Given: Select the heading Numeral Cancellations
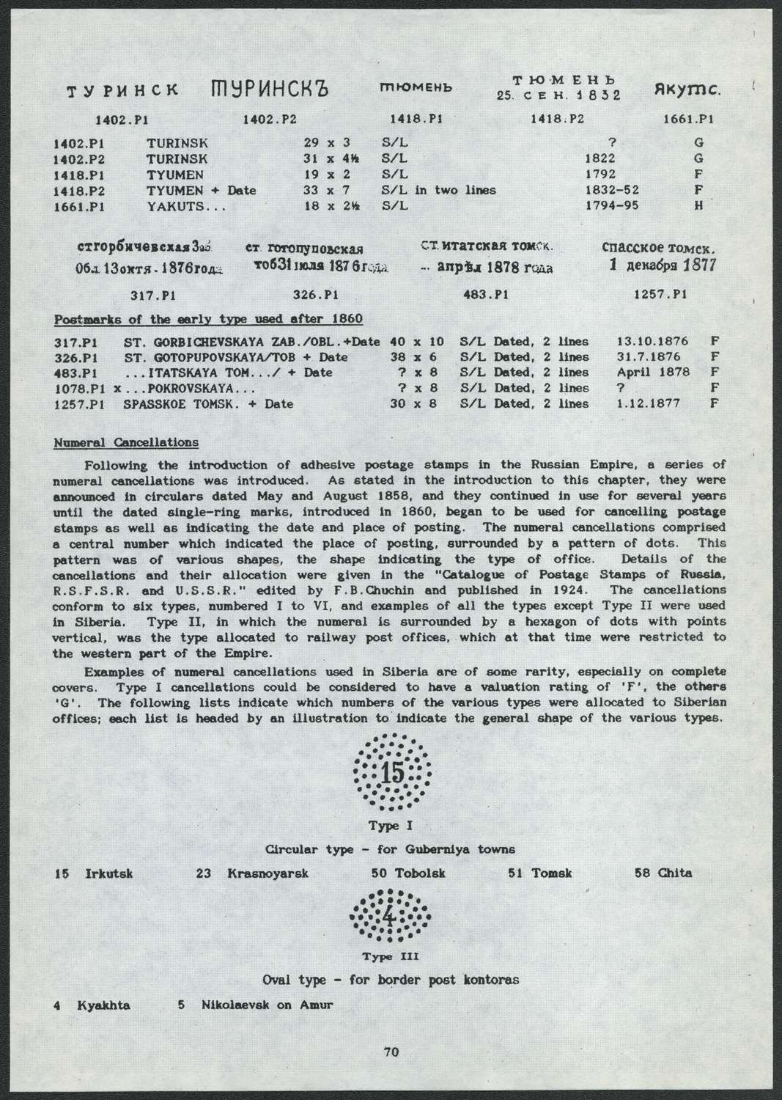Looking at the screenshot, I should (126, 443).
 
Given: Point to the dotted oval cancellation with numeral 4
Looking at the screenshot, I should (390, 918).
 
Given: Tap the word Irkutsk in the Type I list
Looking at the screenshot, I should (108, 873).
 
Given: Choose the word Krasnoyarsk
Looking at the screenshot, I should (268, 873).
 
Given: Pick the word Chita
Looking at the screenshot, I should (674, 873).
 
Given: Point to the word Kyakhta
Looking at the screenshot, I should (103, 1005).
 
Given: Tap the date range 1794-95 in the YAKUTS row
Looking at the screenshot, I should (613, 205).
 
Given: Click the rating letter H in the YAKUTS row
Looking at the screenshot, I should (698, 205).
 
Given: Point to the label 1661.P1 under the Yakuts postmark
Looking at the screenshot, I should (688, 119).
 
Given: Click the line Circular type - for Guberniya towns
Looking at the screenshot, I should (389, 849).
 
